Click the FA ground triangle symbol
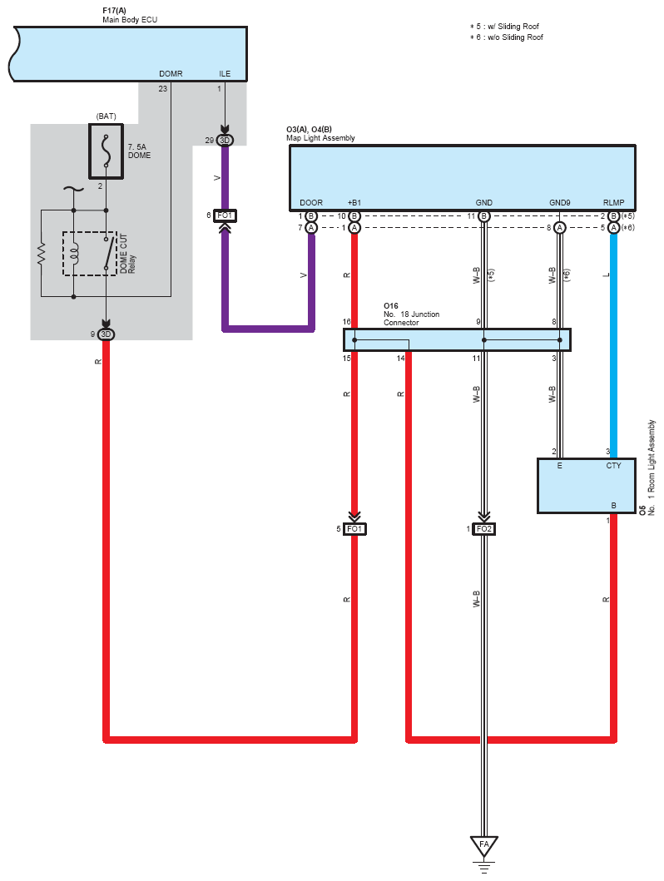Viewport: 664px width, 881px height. click(483, 845)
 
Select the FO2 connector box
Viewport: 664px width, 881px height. click(483, 529)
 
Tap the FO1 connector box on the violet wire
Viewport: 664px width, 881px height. click(225, 215)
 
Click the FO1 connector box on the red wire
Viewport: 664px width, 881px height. click(354, 529)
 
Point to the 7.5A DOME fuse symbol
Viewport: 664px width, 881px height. click(107, 151)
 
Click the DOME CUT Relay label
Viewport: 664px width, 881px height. click(127, 254)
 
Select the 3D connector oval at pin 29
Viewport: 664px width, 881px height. click(225, 140)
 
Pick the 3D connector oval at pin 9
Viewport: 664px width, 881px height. click(106, 334)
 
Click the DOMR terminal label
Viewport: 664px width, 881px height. click(171, 73)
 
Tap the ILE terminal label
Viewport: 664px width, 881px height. click(225, 73)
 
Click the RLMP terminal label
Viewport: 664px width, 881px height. click(613, 203)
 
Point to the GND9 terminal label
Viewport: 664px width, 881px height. click(559, 203)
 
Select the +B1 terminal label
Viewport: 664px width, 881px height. click(354, 203)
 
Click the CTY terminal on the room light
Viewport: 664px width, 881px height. click(613, 466)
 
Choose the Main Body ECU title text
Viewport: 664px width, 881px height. click(130, 20)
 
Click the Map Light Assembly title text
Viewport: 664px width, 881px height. click(320, 138)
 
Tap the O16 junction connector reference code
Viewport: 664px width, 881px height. click(391, 306)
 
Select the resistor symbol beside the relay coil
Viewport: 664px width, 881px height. click(41, 254)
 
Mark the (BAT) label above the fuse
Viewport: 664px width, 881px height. click(107, 116)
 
